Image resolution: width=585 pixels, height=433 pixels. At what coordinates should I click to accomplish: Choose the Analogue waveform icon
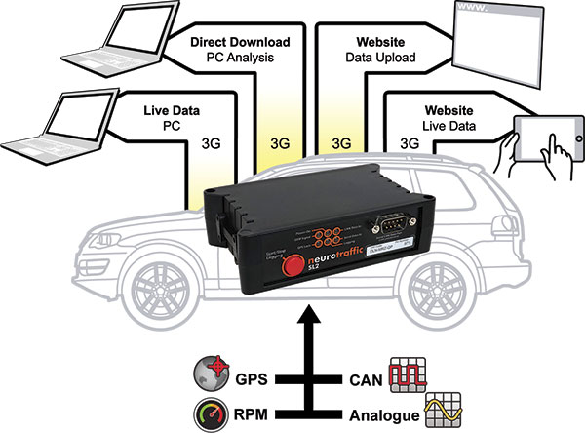point(440,410)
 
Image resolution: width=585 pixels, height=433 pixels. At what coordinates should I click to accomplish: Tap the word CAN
point(358,375)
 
